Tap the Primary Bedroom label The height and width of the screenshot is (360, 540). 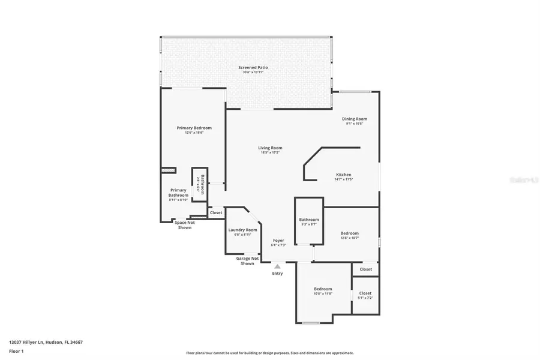tap(194, 128)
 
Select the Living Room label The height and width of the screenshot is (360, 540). tap(270, 148)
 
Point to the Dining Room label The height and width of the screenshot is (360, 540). tap(355, 119)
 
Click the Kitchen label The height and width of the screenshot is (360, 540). tap(343, 175)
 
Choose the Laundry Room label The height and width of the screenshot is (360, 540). tap(242, 230)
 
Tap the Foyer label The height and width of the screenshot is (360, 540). tap(278, 241)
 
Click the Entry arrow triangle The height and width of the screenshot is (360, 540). tap(277, 266)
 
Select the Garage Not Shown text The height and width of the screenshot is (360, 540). tap(247, 260)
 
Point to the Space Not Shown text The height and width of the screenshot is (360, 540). tap(185, 225)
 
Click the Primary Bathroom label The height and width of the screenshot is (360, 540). tap(178, 193)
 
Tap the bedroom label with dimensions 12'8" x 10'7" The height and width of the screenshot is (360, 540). tap(349, 233)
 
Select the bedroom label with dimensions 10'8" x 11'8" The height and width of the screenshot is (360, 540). tap(323, 289)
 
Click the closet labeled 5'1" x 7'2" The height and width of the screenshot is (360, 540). tap(365, 293)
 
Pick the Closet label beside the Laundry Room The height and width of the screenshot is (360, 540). tap(216, 212)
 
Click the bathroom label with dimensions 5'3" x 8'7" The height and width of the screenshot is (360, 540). tap(308, 220)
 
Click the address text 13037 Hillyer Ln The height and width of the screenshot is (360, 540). tap(46, 342)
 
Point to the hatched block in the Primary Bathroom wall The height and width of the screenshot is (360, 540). tap(169, 170)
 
